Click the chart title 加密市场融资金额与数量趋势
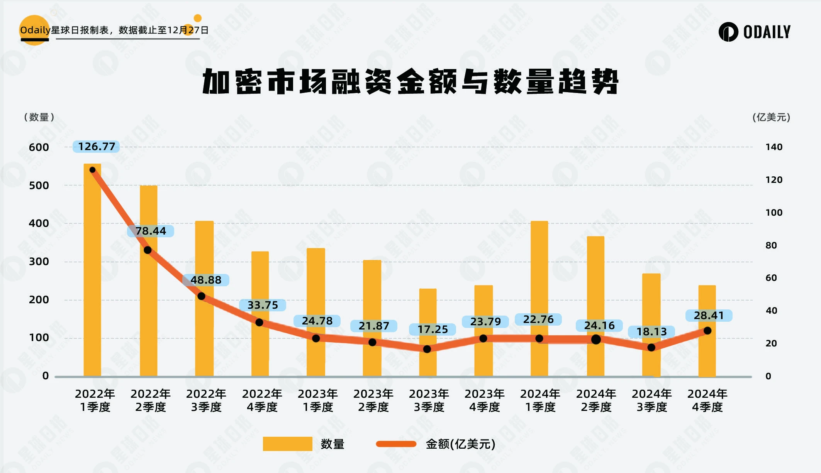tap(410, 81)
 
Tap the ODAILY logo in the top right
tap(755, 32)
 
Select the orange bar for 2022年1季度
tap(92, 270)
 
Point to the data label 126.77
tap(97, 147)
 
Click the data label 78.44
tap(151, 231)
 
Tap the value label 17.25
tap(433, 329)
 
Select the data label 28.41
tap(709, 316)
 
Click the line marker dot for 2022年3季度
tap(201, 296)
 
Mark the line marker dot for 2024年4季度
tap(707, 331)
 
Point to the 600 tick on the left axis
tap(39, 147)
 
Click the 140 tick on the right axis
tap(774, 147)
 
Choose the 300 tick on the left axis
tap(39, 262)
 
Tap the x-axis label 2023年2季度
tap(373, 400)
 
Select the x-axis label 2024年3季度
tap(651, 400)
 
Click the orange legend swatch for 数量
tap(287, 444)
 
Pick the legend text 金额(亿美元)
tap(460, 444)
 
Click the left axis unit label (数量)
tap(39, 117)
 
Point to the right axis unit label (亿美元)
tap(771, 117)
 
